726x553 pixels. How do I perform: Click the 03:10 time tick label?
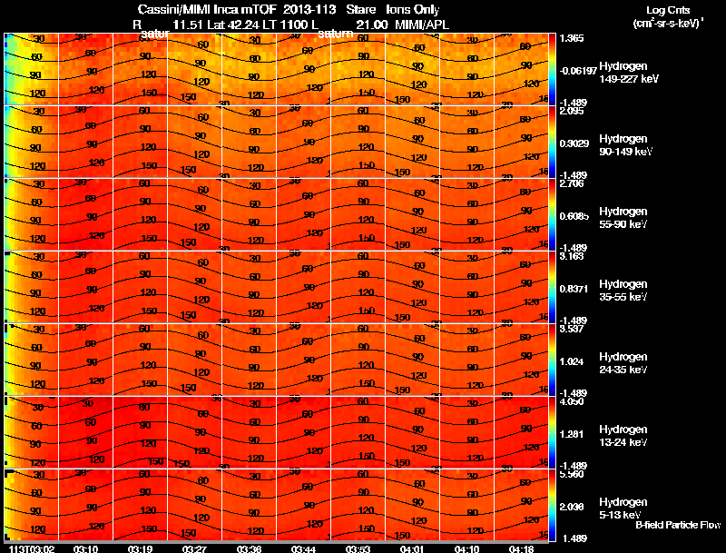click(86, 548)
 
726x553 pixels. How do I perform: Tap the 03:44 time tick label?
click(304, 548)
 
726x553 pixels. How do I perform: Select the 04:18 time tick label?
click(520, 548)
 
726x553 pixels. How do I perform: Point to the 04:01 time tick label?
click(411, 548)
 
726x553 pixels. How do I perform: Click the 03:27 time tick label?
click(195, 548)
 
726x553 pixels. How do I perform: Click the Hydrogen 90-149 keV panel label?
click(623, 145)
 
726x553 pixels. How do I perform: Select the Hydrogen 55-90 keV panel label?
click(623, 218)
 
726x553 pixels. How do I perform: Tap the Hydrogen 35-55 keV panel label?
click(623, 291)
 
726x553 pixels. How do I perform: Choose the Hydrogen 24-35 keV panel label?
click(623, 363)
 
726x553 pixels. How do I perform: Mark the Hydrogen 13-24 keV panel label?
click(623, 436)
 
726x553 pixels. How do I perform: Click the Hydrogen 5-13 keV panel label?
click(622, 509)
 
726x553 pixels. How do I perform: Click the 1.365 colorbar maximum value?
click(573, 39)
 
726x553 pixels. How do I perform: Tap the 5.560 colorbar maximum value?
click(573, 475)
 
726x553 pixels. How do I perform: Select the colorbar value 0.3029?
click(574, 143)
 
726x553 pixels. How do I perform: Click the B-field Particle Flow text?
click(678, 525)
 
